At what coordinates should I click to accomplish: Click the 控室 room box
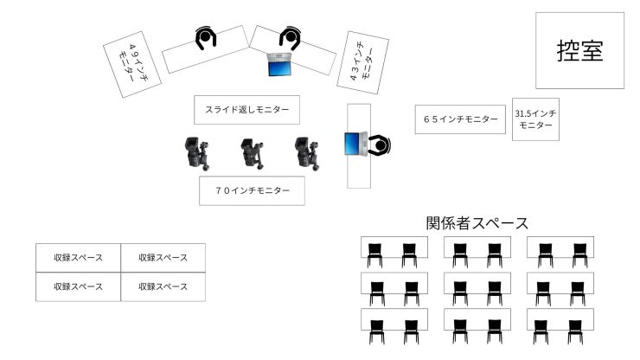click(579, 50)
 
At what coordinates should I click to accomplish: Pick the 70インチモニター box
click(253, 190)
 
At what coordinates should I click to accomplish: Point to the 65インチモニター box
click(460, 119)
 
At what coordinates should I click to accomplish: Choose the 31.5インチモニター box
click(535, 119)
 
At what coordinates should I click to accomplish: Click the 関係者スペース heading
click(477, 223)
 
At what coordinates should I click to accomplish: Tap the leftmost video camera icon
click(197, 153)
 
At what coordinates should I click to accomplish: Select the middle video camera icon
click(252, 153)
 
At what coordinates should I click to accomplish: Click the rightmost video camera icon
click(304, 153)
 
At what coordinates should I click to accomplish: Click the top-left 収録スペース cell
click(78, 258)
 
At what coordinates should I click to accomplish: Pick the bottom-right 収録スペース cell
click(163, 286)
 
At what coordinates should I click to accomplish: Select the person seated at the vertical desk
click(379, 145)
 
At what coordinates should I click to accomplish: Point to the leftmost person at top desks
click(205, 38)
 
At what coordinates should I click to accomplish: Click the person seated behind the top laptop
click(289, 37)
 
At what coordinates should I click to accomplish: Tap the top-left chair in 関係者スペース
click(374, 254)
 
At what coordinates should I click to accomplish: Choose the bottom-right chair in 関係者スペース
click(574, 331)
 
